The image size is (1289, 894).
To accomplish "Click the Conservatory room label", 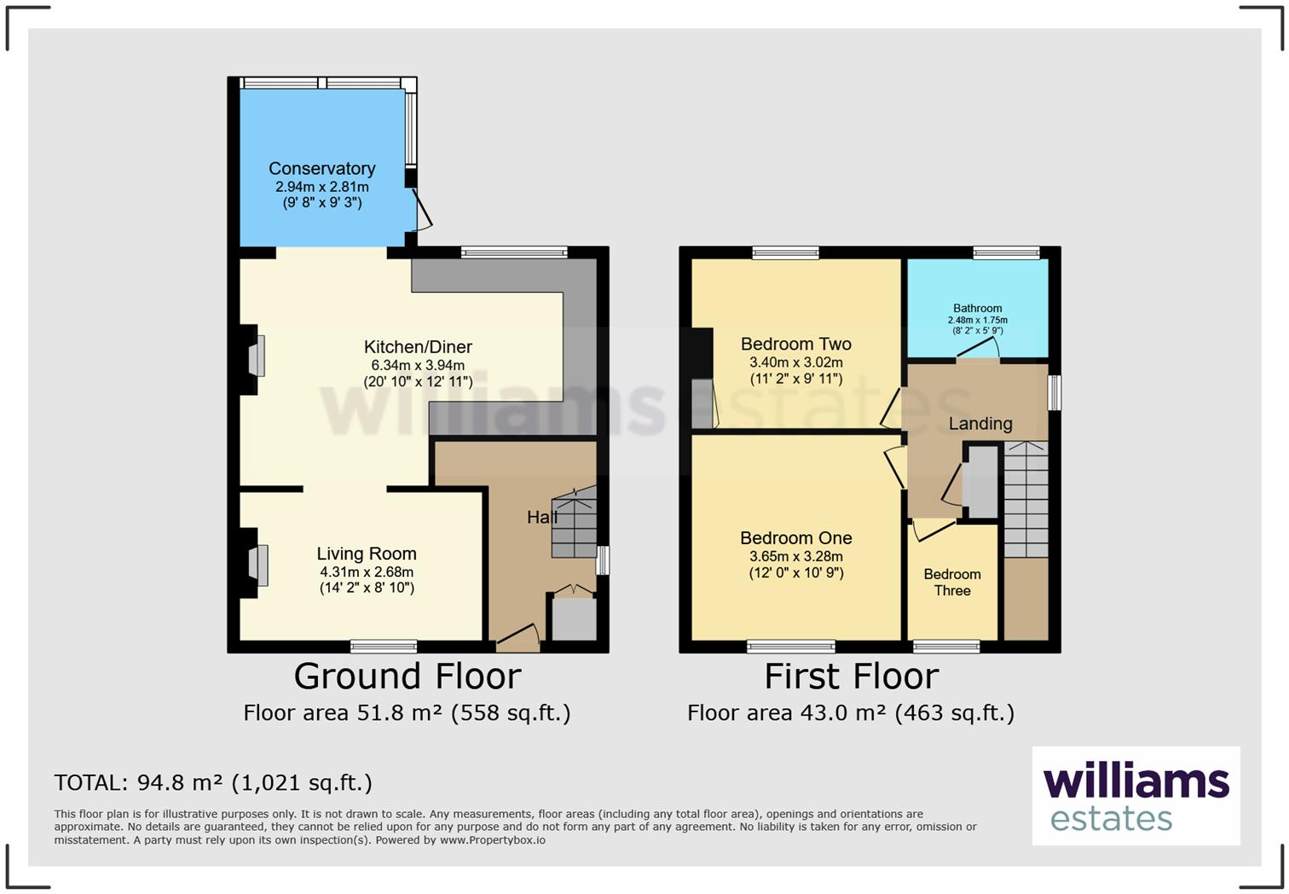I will tap(321, 169).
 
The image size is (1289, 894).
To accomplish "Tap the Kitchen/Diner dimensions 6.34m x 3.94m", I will tap(418, 365).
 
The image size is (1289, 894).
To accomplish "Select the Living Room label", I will tap(367, 554).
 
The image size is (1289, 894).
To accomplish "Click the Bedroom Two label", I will tap(795, 344).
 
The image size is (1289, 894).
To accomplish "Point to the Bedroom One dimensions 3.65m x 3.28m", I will tap(795, 556).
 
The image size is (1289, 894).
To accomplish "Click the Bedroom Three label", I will tap(951, 582).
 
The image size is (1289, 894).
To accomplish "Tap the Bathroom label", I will tap(977, 308).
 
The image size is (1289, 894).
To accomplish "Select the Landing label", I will tap(980, 423).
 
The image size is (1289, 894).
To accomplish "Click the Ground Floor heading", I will tap(408, 676).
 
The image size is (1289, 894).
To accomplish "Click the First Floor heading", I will tap(851, 676).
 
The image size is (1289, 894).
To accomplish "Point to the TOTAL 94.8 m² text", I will tap(213, 782).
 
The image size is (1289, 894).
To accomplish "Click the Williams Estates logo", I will tap(1136, 796).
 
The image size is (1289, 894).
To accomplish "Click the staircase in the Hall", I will tap(574, 524).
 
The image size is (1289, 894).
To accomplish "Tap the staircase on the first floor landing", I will tap(1026, 500).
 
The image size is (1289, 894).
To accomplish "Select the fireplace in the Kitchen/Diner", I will tap(257, 356).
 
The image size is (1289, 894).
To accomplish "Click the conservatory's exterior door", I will tap(422, 210).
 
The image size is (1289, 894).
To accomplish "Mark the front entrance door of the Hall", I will tap(517, 636).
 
